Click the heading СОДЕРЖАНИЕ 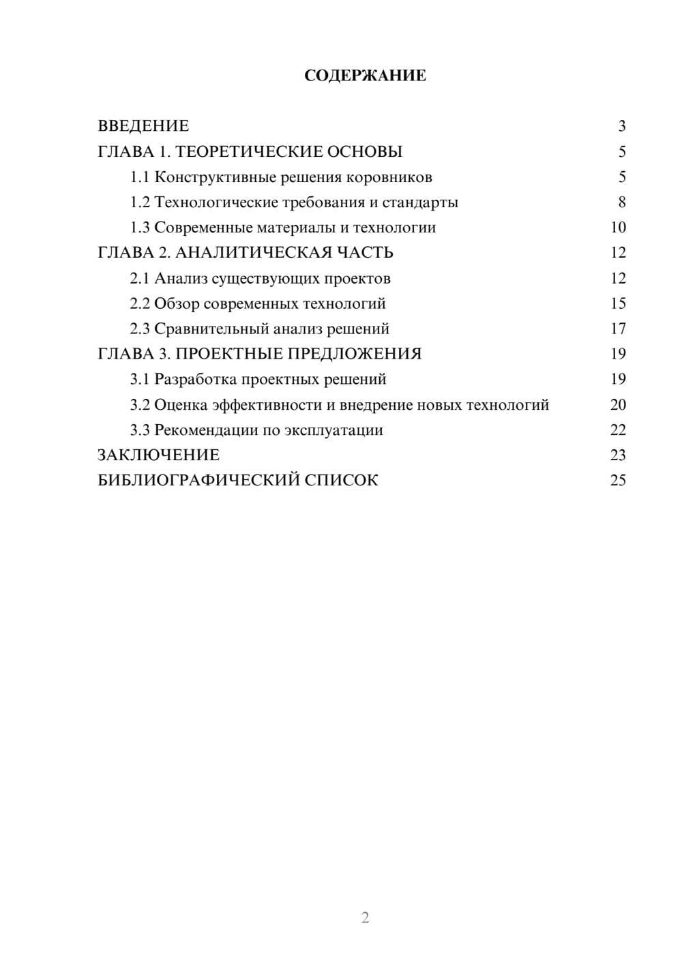[365, 76]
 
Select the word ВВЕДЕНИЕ [143, 126]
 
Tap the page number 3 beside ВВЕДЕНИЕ [621, 126]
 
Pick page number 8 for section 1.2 [621, 202]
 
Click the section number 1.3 [140, 228]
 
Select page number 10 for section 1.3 [618, 228]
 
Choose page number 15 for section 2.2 [618, 303]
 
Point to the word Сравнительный [211, 329]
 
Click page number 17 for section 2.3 [618, 329]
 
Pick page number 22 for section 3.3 [618, 430]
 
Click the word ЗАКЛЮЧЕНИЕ [158, 455]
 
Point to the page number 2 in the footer [365, 918]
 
